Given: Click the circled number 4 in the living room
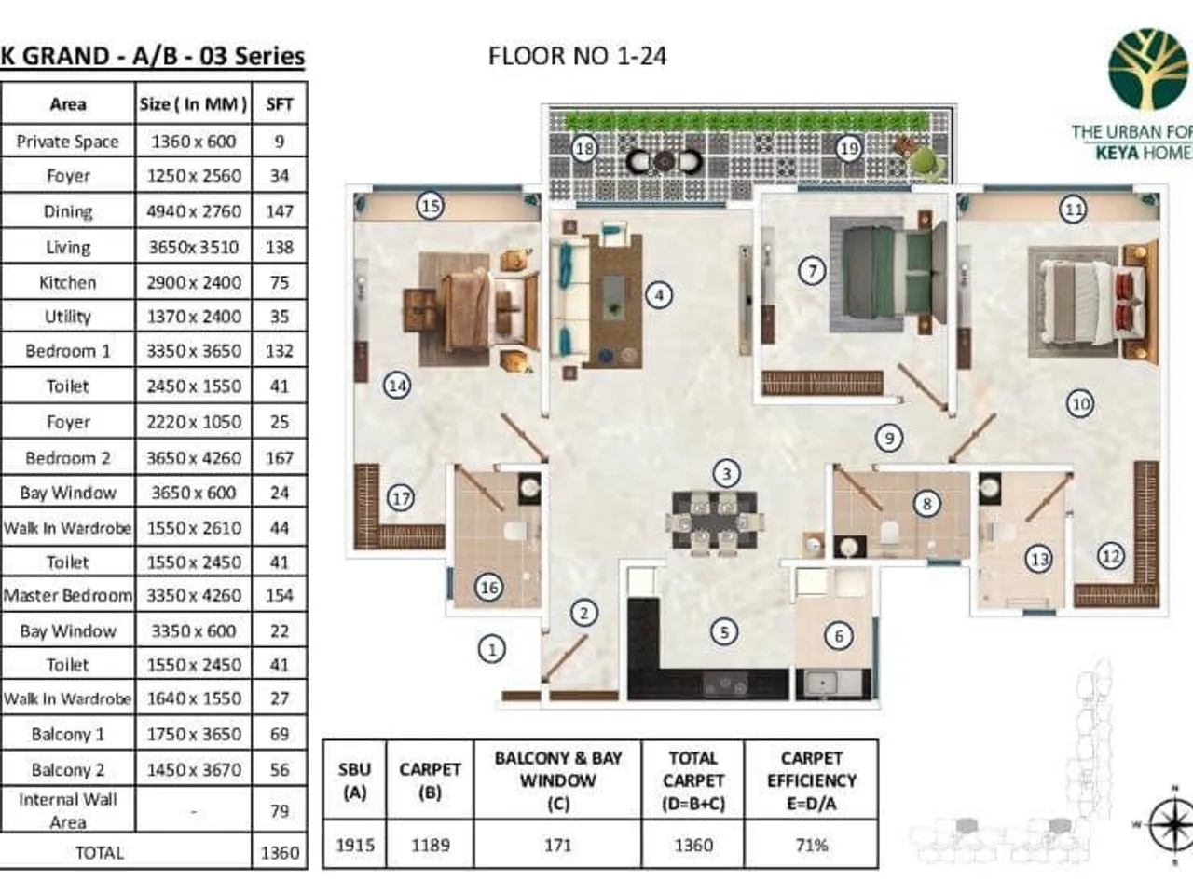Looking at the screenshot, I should pyautogui.click(x=659, y=295).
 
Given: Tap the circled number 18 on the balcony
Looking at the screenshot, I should pyautogui.click(x=584, y=148).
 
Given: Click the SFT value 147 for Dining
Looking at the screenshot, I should pyautogui.click(x=280, y=211).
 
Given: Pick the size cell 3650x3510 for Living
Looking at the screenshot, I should pyautogui.click(x=194, y=247).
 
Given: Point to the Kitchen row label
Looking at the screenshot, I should pyautogui.click(x=68, y=282).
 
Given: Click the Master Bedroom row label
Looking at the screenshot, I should pyautogui.click(x=68, y=595).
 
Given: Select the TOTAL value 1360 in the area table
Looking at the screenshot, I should pyautogui.click(x=280, y=852).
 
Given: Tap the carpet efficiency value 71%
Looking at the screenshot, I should pyautogui.click(x=811, y=845).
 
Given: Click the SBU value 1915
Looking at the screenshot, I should pyautogui.click(x=354, y=845).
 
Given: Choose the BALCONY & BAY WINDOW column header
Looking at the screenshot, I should pyautogui.click(x=557, y=780).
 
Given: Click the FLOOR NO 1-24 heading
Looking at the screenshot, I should pyautogui.click(x=577, y=56).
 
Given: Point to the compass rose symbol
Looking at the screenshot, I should pyautogui.click(x=1171, y=825).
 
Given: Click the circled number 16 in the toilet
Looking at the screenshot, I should pyautogui.click(x=488, y=587).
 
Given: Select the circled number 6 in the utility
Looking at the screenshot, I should pyautogui.click(x=838, y=636).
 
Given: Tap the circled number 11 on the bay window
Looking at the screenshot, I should pyautogui.click(x=1074, y=209).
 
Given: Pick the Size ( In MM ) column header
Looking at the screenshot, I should pyautogui.click(x=194, y=104).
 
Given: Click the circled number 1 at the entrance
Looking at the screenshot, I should pyautogui.click(x=492, y=648).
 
